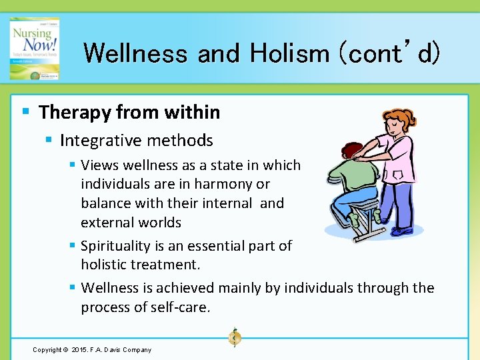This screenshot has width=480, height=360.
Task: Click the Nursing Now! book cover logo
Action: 34,48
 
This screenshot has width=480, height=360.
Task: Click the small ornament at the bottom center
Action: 234,337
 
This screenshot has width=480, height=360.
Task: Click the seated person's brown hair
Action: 353,151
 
